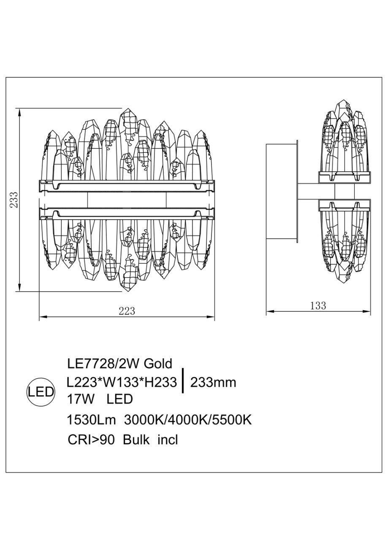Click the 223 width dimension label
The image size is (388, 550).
[x=127, y=311]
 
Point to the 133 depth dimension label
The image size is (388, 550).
[x=318, y=306]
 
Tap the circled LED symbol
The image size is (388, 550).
[x=41, y=393]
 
